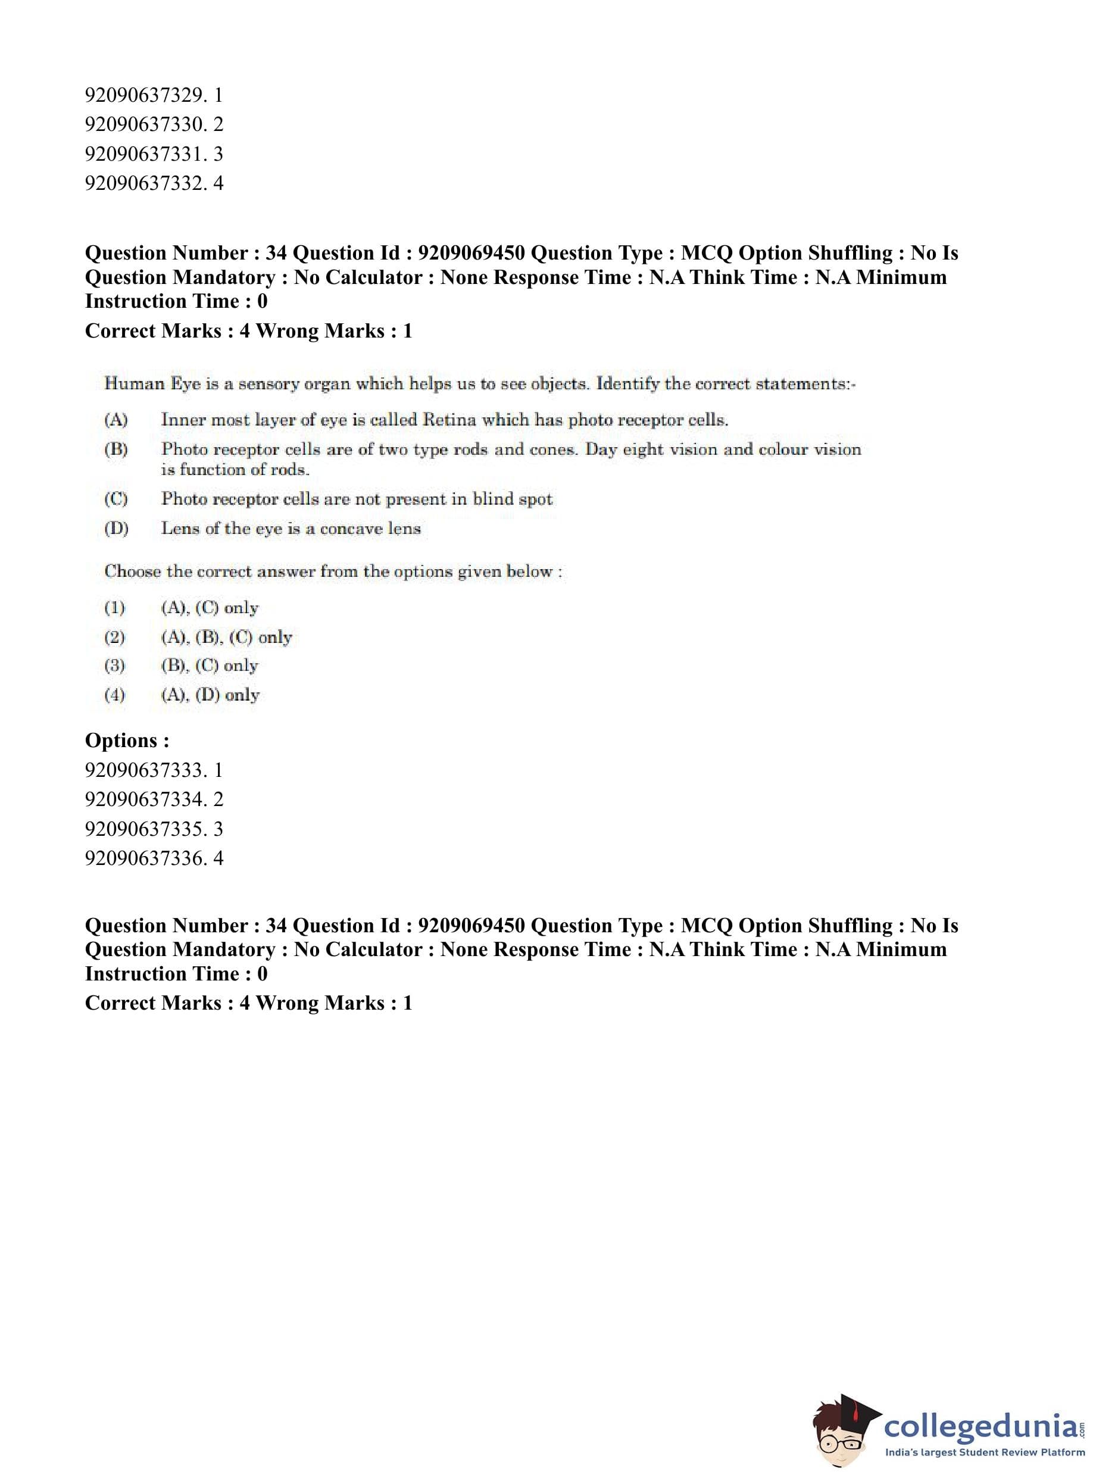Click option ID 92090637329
(154, 95)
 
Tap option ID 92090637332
(154, 183)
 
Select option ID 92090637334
(154, 799)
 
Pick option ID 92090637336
(154, 858)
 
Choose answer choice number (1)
(114, 607)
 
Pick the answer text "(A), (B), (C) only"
(226, 637)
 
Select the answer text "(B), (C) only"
(209, 666)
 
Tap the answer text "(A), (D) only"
(210, 695)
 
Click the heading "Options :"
(127, 741)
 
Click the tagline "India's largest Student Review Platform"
(985, 1453)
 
